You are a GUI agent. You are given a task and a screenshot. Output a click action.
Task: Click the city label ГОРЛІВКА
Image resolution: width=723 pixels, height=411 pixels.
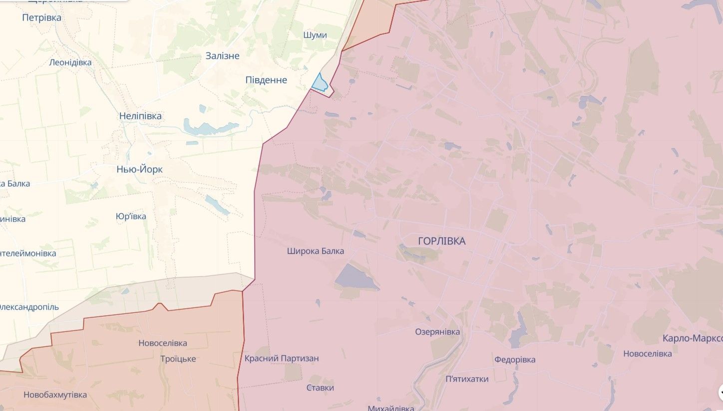pyautogui.click(x=441, y=241)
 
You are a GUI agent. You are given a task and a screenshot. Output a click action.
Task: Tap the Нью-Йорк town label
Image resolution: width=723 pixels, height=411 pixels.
pyautogui.click(x=139, y=169)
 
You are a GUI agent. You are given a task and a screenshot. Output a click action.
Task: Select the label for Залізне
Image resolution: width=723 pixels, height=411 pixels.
pyautogui.click(x=222, y=56)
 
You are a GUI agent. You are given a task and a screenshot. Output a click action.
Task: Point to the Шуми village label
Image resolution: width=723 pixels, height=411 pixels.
pyautogui.click(x=315, y=35)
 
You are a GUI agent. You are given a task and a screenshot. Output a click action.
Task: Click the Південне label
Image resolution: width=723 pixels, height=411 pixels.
pyautogui.click(x=266, y=80)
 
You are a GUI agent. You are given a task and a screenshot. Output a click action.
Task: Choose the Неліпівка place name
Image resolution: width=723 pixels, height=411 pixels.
pyautogui.click(x=140, y=116)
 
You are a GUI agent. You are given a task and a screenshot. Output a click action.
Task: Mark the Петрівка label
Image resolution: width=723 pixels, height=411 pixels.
pyautogui.click(x=42, y=18)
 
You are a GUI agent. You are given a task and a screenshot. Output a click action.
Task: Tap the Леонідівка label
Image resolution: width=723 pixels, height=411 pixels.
pyautogui.click(x=70, y=62)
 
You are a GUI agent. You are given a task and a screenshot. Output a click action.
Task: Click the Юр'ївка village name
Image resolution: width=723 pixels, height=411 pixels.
pyautogui.click(x=131, y=216)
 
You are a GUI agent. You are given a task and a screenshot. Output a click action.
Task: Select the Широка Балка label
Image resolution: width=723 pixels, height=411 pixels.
pyautogui.click(x=316, y=251)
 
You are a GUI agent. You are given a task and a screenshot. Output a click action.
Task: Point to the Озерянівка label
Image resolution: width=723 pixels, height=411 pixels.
pyautogui.click(x=437, y=332)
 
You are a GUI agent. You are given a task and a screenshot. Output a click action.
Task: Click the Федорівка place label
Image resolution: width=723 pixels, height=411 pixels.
pyautogui.click(x=515, y=359)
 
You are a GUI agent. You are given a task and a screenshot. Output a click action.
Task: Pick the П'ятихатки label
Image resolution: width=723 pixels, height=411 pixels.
pyautogui.click(x=467, y=379)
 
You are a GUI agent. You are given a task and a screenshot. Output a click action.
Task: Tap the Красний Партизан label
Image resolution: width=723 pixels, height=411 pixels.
pyautogui.click(x=282, y=358)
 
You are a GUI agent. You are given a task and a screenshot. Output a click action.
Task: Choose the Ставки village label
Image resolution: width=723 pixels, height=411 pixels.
pyautogui.click(x=320, y=388)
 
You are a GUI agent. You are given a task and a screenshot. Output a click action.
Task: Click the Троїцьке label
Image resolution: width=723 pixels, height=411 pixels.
pyautogui.click(x=178, y=359)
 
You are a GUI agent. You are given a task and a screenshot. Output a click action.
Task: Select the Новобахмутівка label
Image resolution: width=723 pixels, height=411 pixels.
pyautogui.click(x=55, y=395)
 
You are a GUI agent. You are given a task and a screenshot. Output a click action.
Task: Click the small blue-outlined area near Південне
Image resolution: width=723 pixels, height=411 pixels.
pyautogui.click(x=320, y=83)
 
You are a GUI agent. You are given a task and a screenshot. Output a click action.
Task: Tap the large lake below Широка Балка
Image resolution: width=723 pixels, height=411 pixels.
pyautogui.click(x=356, y=277)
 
